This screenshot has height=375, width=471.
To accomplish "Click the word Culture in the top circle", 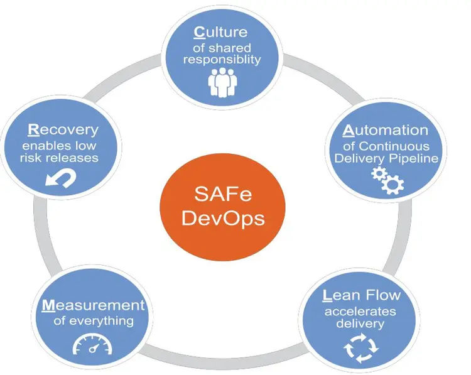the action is pyautogui.click(x=221, y=32).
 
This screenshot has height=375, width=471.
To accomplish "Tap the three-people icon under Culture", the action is pyautogui.click(x=222, y=82).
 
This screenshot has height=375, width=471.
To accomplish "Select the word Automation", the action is pyautogui.click(x=386, y=130).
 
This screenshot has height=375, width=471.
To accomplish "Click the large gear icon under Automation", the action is pyautogui.click(x=393, y=184).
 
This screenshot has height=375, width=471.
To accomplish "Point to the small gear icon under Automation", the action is pyautogui.click(x=379, y=173).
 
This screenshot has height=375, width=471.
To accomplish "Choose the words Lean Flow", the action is pyautogui.click(x=362, y=295).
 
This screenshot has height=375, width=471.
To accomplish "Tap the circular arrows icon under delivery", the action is pyautogui.click(x=360, y=348).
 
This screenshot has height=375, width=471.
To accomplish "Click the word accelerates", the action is pyautogui.click(x=360, y=312).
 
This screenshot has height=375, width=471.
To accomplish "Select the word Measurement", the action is pyautogui.click(x=94, y=305).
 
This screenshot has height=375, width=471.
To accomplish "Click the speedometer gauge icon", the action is pyautogui.click(x=92, y=344).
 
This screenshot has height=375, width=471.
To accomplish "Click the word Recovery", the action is pyautogui.click(x=63, y=130).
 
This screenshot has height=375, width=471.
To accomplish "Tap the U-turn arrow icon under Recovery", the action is pyautogui.click(x=61, y=178).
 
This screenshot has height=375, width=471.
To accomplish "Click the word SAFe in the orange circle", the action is pyautogui.click(x=223, y=194).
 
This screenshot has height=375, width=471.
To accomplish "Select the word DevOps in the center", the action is pyautogui.click(x=223, y=219).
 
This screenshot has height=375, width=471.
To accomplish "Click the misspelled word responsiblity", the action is pyautogui.click(x=222, y=60).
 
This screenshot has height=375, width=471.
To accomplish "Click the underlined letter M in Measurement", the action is pyautogui.click(x=48, y=305).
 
